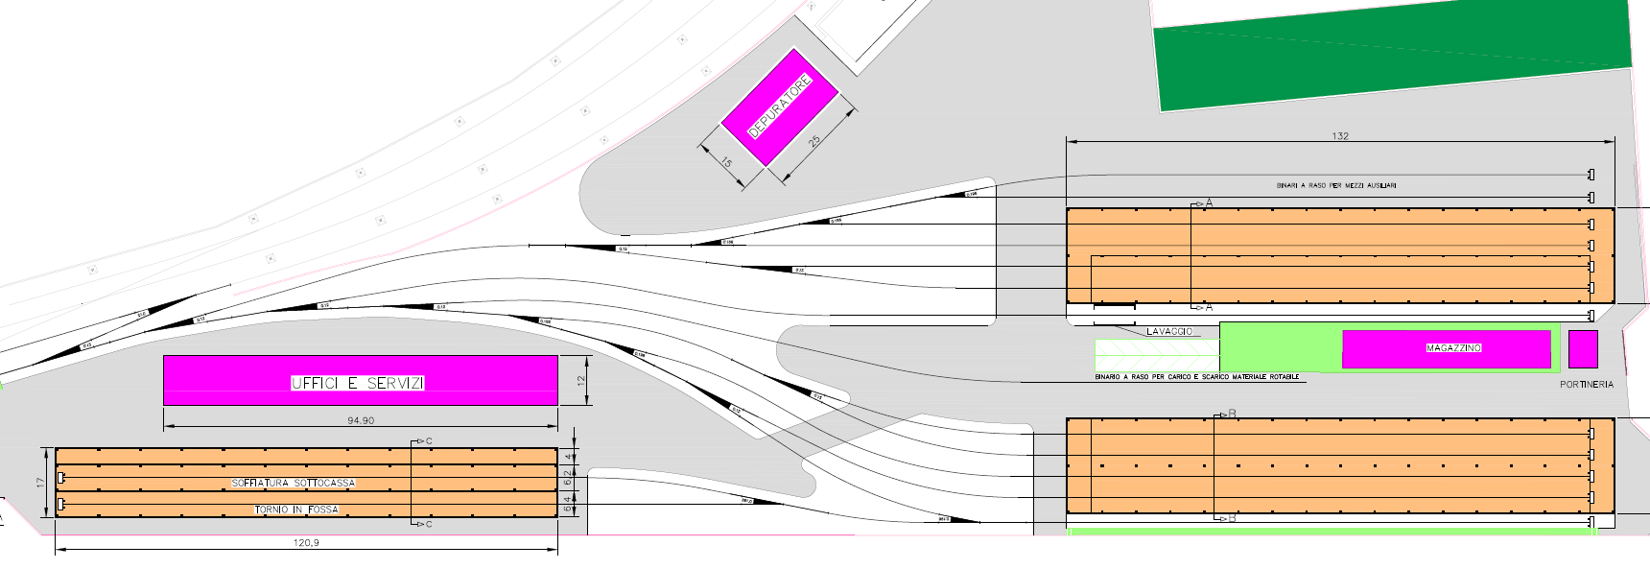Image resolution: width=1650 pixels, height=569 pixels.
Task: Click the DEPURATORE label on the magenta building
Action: click(x=780, y=107)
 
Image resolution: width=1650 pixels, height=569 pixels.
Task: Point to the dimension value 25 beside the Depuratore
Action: click(x=814, y=141)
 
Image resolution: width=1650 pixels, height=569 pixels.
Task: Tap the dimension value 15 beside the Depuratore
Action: click(x=726, y=163)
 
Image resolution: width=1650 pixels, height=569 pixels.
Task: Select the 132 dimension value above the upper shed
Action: click(x=1340, y=136)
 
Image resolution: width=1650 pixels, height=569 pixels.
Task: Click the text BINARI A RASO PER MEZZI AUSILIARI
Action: click(x=1336, y=185)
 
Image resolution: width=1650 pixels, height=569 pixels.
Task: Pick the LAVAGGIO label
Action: click(x=1169, y=332)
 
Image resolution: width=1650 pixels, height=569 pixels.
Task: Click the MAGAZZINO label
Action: click(x=1453, y=348)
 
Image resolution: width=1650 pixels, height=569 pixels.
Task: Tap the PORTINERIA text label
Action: click(x=1587, y=385)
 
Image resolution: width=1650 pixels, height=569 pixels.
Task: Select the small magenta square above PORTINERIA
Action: click(x=1583, y=349)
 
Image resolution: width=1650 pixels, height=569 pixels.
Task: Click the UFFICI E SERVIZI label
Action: click(x=358, y=383)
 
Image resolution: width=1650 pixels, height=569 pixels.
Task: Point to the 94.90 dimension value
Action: click(x=361, y=421)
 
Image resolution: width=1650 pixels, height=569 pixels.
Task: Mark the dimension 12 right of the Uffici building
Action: click(x=580, y=382)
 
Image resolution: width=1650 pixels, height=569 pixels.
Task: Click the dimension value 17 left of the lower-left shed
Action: click(x=41, y=483)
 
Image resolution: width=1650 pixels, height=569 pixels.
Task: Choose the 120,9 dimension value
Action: click(x=306, y=543)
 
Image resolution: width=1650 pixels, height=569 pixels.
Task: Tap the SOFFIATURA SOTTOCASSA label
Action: click(x=294, y=484)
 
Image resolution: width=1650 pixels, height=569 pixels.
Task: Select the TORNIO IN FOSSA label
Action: click(x=296, y=510)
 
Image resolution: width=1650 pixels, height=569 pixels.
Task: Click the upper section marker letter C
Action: click(x=429, y=441)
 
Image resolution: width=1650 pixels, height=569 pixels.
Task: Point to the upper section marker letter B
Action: click(x=1233, y=414)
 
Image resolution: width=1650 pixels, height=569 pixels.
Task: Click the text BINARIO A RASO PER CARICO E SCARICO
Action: click(x=1197, y=377)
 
